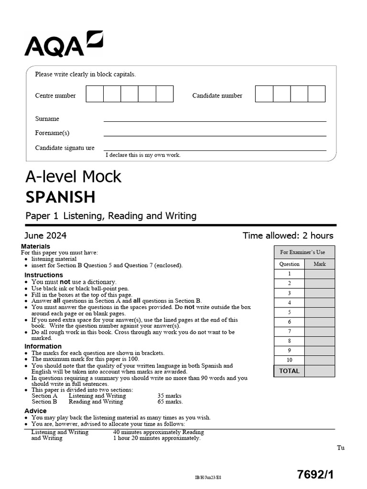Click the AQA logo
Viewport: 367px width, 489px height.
(64, 44)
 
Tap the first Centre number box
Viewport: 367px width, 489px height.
(95, 94)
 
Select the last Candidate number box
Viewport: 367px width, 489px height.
(316, 94)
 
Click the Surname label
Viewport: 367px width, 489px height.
(47, 118)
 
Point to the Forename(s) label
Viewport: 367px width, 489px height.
(52, 133)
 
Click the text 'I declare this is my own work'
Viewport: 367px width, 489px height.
(143, 155)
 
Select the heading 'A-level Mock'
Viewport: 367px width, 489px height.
(73, 177)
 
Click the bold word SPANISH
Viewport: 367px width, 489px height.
(60, 197)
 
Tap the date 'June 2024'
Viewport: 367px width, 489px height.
(45, 235)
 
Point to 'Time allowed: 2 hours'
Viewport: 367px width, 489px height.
(288, 235)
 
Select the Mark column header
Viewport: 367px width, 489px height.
(320, 264)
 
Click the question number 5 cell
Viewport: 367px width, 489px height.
(289, 312)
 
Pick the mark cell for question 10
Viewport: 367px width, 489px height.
(320, 360)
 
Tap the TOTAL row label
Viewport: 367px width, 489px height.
(289, 371)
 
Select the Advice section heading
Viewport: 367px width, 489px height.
(35, 411)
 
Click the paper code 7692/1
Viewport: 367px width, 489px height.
(315, 474)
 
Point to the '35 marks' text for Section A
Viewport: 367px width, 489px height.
(169, 396)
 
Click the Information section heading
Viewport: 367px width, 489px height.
(43, 346)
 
